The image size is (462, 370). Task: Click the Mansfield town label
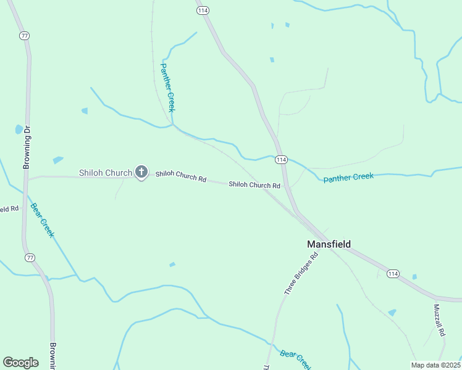[329, 244]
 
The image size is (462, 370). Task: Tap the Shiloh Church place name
[105, 173]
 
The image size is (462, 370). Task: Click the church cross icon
[141, 172]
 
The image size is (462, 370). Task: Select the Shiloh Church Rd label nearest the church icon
[180, 176]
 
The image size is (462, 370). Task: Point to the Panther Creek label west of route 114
[168, 87]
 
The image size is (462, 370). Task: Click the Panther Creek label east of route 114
[349, 177]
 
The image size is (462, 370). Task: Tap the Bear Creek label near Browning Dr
[42, 220]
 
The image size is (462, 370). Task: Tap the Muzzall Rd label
[439, 319]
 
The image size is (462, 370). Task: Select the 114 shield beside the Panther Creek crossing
[281, 160]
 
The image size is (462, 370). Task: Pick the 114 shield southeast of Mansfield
[393, 273]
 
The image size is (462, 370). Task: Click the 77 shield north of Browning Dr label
[24, 36]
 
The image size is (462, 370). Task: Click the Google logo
[21, 362]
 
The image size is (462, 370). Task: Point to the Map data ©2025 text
[436, 365]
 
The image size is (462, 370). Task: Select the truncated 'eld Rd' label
[9, 209]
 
